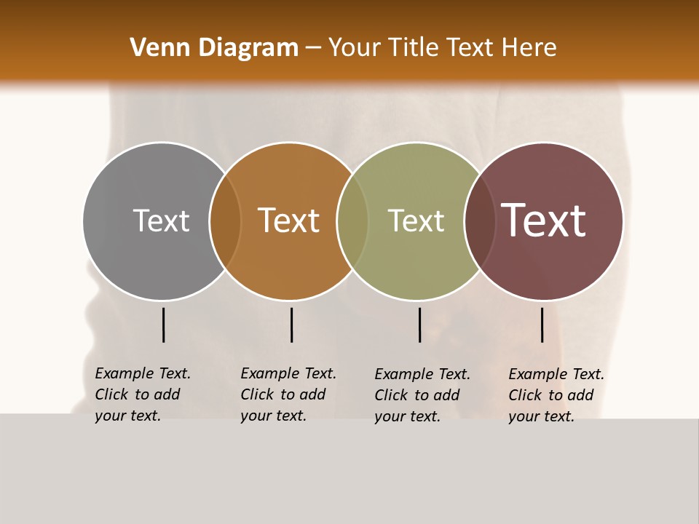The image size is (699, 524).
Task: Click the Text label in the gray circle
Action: (x=161, y=221)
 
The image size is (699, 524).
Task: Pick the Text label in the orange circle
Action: (x=289, y=221)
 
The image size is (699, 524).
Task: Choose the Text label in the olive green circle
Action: (x=416, y=221)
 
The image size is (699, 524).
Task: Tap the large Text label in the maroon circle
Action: (x=544, y=221)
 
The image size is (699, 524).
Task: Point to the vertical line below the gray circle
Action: (x=163, y=325)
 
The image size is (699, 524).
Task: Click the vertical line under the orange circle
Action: (x=291, y=325)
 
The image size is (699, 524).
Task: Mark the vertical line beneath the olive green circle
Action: (x=419, y=325)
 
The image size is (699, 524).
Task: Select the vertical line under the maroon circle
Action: (x=542, y=325)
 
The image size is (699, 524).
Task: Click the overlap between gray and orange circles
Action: (x=225, y=221)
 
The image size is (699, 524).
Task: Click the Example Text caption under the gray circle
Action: (x=142, y=394)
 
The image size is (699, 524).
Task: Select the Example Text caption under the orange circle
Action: (x=288, y=394)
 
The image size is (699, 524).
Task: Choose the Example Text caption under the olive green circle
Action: (x=422, y=395)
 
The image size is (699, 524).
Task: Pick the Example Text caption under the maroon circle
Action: (x=556, y=395)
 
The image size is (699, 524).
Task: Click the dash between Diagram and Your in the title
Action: (x=313, y=48)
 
